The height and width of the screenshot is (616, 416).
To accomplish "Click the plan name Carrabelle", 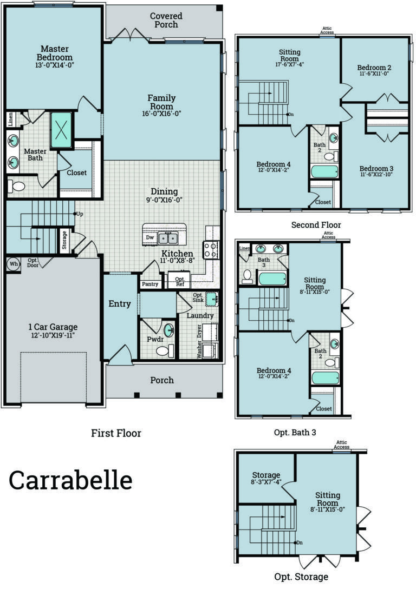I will pos(70,480).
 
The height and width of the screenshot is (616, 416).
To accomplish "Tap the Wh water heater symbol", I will pos(14,264).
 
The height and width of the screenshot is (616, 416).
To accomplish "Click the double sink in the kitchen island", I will pos(167,237).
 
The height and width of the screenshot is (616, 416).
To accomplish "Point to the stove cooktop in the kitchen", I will pos(211,249).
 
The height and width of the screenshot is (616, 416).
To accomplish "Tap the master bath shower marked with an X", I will pos(61,130).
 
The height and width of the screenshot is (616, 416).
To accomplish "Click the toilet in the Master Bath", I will pos(17,187).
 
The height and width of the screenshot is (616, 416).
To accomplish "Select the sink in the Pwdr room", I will pos(169,330).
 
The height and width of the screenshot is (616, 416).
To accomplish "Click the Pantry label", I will pos(150,284).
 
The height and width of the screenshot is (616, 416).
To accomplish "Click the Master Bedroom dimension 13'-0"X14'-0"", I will pos(55,65).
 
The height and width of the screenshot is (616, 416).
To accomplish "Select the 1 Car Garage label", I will pos(53,327).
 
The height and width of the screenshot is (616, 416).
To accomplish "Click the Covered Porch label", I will pos(166,21).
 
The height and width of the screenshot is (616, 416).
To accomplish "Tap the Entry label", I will pos(120,304).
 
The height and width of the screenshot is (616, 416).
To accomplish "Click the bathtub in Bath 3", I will pos(272,279).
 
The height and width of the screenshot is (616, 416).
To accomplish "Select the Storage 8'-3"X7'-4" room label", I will pos(265,479).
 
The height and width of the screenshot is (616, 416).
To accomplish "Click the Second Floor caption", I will pos(316,224).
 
